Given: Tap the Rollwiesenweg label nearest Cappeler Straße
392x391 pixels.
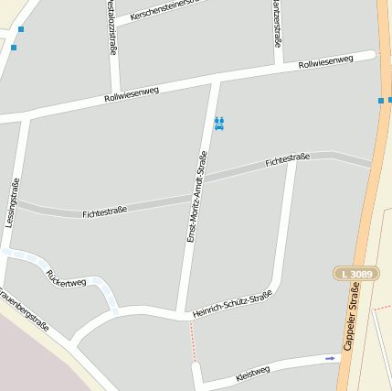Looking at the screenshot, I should (325, 62).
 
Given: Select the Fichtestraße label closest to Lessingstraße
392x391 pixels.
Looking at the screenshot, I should (104, 212).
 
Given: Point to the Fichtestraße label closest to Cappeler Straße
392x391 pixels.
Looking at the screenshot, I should (287, 160).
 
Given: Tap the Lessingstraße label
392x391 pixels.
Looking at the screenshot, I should (12, 202).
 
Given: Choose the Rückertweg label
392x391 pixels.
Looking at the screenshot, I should (66, 276).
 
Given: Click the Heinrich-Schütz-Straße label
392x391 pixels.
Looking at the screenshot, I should (232, 304).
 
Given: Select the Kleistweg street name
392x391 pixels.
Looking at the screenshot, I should (252, 372).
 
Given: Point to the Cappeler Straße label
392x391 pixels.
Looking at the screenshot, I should (352, 316).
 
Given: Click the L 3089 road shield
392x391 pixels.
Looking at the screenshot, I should (355, 273).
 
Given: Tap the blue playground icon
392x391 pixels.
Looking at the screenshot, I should (218, 123).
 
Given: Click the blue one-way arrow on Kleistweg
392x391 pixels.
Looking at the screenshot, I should (330, 358).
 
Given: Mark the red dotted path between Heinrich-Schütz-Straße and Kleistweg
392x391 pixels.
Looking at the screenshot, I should (193, 341).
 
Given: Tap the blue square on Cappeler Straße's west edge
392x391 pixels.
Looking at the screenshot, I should (381, 100).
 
